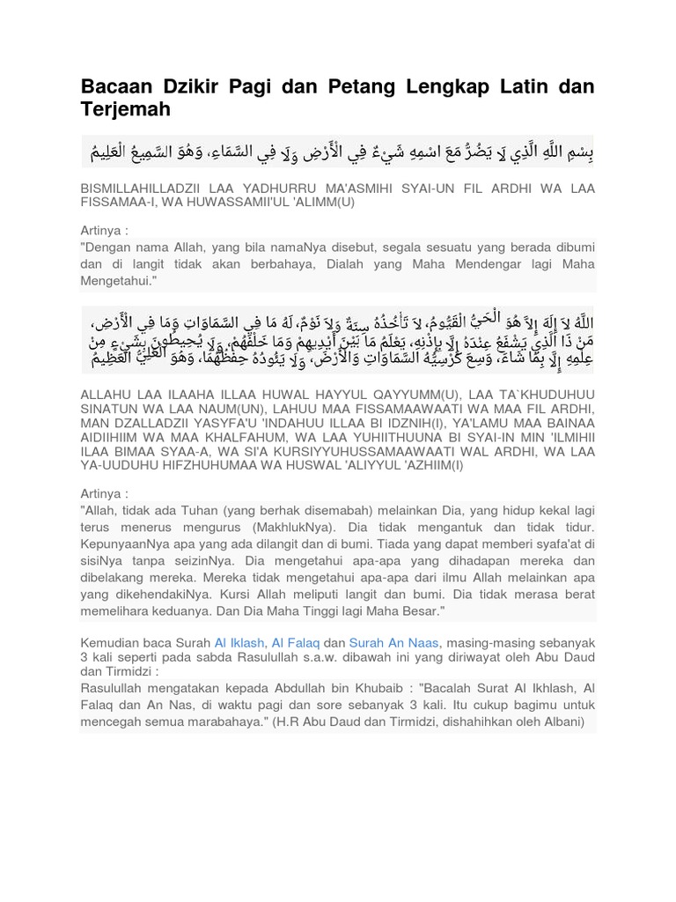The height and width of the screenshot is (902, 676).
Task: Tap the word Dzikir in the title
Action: point(193,86)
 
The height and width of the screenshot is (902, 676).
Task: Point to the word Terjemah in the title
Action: point(125,109)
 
